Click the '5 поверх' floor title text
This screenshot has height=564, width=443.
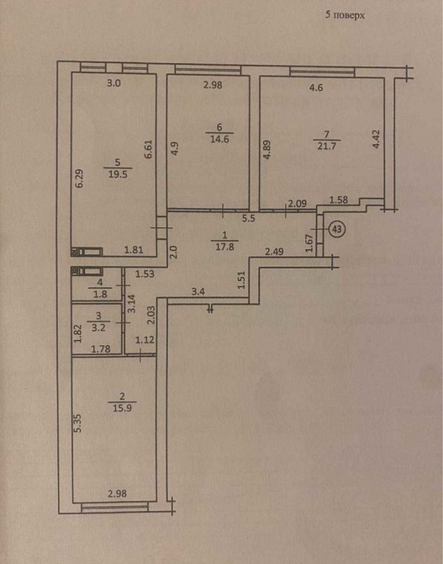tap(345, 15)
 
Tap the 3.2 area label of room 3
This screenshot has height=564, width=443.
tap(98, 320)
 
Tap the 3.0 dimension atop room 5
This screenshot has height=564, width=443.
tap(114, 83)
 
